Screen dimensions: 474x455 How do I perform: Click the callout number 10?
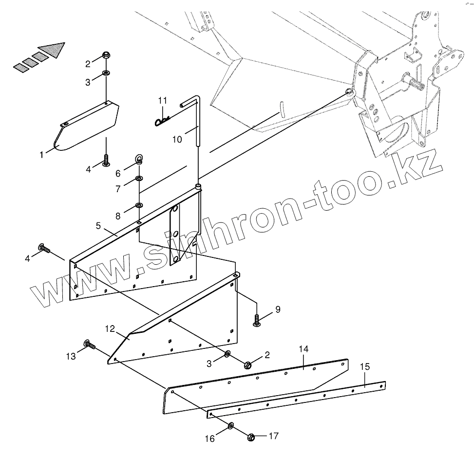177,140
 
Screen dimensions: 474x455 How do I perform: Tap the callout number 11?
162,101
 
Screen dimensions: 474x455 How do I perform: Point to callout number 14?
303,349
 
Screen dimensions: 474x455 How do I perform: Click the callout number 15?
365,366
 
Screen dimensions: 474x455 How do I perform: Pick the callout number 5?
98,226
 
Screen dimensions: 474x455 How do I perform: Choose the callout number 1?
42,154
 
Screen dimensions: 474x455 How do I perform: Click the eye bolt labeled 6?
139,159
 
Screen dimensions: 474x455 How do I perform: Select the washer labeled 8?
139,205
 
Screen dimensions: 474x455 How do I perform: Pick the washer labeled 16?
230,427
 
